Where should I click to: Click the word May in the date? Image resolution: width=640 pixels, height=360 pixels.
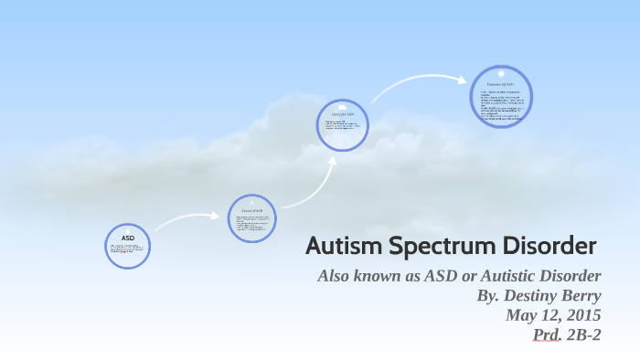[521, 315]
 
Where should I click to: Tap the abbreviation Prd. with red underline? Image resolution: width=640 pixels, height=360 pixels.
[547, 335]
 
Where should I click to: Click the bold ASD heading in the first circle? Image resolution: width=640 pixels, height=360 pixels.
[128, 237]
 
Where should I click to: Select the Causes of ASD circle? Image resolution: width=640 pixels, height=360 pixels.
[251, 217]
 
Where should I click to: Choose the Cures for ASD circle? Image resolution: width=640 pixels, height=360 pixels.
[343, 123]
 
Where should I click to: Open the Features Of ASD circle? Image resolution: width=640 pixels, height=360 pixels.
[500, 96]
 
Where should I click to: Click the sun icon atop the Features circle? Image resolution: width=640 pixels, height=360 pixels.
[501, 72]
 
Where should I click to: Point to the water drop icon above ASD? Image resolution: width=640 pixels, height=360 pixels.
[128, 228]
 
